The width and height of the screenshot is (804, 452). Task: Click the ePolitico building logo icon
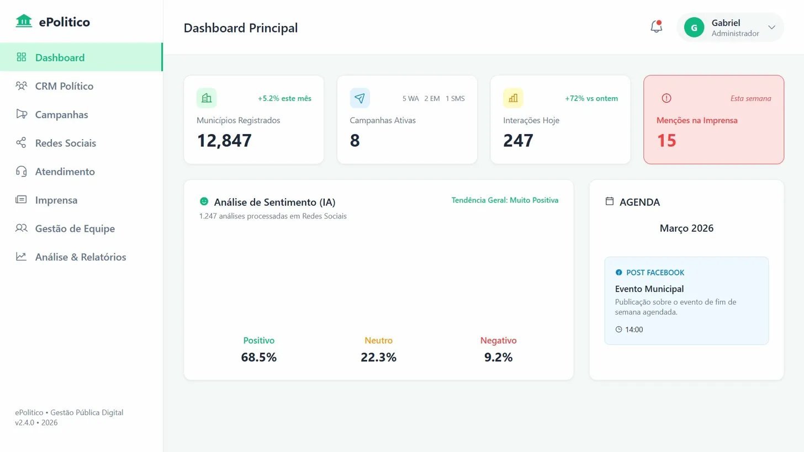point(24,22)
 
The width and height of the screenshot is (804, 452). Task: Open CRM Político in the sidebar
point(64,86)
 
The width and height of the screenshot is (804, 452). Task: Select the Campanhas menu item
point(61,115)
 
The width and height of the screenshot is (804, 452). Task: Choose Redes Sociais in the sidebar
point(65,143)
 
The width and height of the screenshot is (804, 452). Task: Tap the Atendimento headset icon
point(21,172)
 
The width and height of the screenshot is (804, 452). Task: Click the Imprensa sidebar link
point(56,200)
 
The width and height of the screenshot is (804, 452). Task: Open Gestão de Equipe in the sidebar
point(75,228)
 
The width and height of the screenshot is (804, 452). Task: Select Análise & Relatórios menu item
point(80,257)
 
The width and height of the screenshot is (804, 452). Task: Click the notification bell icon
point(656,26)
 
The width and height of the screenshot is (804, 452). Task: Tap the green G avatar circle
point(694,28)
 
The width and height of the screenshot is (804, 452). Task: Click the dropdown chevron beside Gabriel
point(771,28)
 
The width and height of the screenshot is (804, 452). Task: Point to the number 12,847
point(224,141)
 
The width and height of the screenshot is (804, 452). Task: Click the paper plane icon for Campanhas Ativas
point(359,98)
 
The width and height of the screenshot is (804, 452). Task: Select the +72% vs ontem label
point(591,99)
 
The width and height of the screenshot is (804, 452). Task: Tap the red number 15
point(666,141)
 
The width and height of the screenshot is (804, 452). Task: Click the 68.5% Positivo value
point(258,357)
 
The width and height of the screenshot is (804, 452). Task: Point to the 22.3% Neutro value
point(378,357)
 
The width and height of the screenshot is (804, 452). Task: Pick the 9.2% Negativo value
point(498,357)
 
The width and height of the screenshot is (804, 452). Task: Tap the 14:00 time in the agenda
point(633,329)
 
